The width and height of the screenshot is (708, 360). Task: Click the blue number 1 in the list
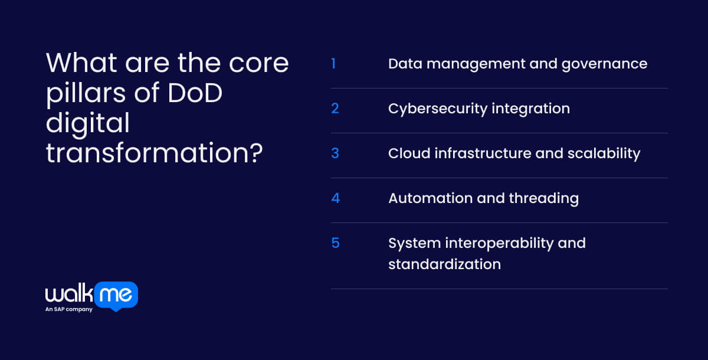click(333, 64)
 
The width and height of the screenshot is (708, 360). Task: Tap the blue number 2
click(335, 109)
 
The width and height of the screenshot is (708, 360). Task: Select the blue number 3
click(335, 153)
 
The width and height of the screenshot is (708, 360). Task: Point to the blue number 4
click(335, 198)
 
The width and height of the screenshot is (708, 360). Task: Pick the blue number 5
click(335, 243)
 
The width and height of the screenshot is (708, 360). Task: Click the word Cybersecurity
click(438, 109)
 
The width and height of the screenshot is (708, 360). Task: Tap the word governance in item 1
click(604, 64)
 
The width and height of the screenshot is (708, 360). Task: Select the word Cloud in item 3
click(409, 153)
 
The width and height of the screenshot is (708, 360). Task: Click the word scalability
click(604, 154)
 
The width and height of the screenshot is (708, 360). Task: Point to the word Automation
click(430, 198)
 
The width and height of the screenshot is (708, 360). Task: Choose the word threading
click(543, 199)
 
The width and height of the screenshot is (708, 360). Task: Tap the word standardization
click(444, 264)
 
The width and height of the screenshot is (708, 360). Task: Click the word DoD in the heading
click(195, 93)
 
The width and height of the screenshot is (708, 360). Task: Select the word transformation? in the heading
click(154, 153)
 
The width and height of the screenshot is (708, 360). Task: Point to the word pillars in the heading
click(86, 94)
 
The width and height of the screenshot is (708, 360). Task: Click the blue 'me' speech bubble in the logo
click(116, 296)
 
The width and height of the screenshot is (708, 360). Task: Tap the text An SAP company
click(69, 309)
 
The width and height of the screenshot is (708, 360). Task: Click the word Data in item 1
click(405, 64)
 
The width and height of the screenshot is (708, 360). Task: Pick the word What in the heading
click(81, 63)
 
